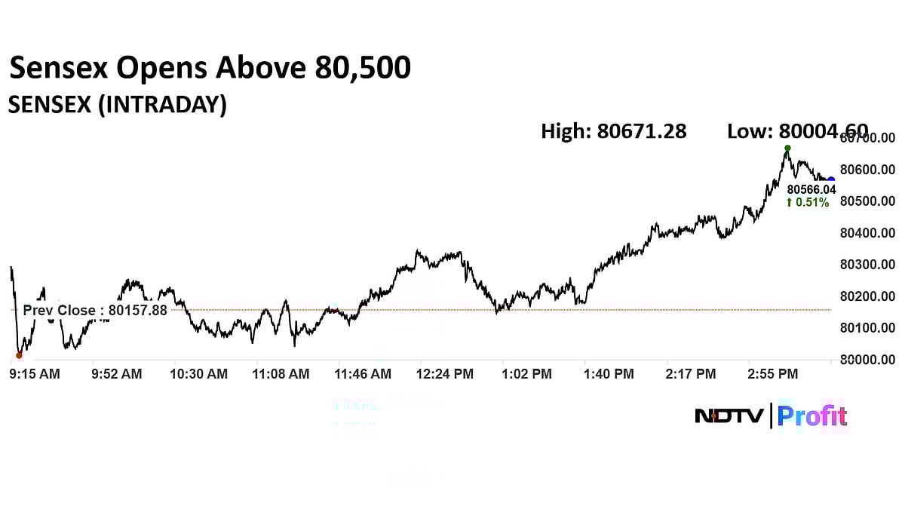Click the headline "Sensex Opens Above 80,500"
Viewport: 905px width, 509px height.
point(210,69)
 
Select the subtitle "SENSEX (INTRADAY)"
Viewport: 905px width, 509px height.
point(117,105)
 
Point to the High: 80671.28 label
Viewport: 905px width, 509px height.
point(613,131)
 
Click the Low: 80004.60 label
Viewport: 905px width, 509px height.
point(797,131)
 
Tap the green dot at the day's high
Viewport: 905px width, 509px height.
point(787,149)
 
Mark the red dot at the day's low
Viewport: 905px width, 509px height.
point(19,354)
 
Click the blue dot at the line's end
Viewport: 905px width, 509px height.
point(831,180)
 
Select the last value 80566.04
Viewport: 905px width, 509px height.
point(811,190)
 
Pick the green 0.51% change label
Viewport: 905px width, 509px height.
point(808,202)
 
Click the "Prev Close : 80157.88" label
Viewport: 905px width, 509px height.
point(95,310)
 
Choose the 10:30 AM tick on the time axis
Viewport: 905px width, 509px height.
point(199,373)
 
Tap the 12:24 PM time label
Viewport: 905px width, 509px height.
point(445,373)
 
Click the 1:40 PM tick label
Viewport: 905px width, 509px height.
point(609,373)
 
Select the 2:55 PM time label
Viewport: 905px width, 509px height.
point(772,373)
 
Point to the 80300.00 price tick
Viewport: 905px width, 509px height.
point(867,265)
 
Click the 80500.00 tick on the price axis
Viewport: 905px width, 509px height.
point(867,201)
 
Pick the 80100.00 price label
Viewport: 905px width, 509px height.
point(867,328)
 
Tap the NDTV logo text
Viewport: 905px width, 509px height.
point(729,415)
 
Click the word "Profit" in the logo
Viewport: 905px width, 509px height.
point(811,415)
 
